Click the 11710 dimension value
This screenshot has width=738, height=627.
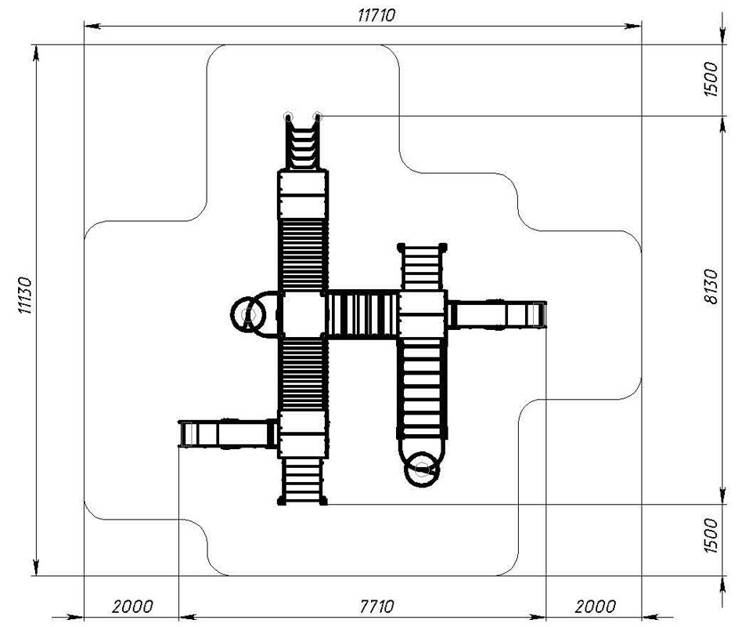coord(376,15)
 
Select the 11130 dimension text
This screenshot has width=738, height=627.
coord(24,295)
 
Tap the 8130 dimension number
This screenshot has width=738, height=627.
coord(711,287)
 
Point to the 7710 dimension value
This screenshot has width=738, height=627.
coord(376,606)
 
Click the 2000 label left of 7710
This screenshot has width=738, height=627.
coord(132,606)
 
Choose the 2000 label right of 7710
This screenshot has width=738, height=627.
coord(595,606)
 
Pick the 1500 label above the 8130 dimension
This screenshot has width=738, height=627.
coord(711,79)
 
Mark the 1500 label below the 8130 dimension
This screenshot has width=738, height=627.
coord(711,535)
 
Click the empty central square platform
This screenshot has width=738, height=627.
coord(303,314)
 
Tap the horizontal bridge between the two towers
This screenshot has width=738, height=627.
coord(362,314)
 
